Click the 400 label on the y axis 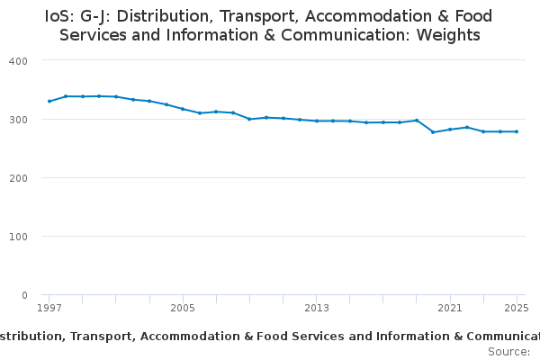tap(18, 61)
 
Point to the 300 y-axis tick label tap(18, 120)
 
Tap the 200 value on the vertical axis tap(18, 178)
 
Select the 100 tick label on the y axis tap(18, 237)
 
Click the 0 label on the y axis tap(24, 295)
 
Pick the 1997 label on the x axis tap(49, 308)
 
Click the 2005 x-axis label tap(183, 308)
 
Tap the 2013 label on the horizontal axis tap(317, 308)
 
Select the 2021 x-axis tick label tap(450, 308)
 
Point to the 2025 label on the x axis tap(517, 308)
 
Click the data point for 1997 tap(49, 102)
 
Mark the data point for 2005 tap(183, 109)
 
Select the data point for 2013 tap(317, 121)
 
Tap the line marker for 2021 tap(450, 130)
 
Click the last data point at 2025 tap(517, 131)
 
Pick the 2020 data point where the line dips tap(433, 132)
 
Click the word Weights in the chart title tap(448, 35)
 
